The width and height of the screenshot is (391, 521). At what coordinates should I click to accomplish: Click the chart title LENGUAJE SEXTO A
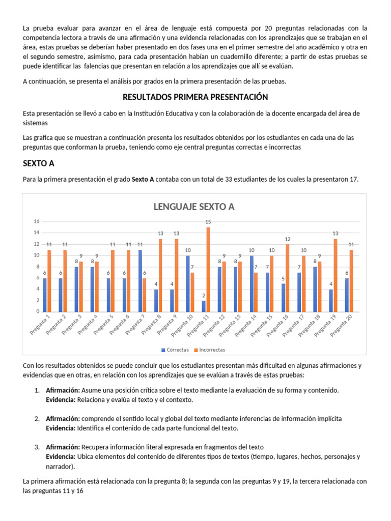(194, 207)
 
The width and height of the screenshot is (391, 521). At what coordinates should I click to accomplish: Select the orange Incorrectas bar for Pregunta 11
(208, 270)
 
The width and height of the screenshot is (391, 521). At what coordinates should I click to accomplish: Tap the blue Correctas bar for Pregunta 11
(203, 306)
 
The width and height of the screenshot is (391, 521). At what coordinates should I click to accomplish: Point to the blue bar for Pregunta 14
(251, 283)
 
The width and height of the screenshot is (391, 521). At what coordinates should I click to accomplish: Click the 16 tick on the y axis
(36, 221)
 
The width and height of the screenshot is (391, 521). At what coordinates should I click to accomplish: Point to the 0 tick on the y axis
(38, 312)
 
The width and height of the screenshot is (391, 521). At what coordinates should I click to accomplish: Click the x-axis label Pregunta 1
(40, 326)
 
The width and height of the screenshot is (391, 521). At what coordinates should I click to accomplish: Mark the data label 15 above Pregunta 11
(208, 222)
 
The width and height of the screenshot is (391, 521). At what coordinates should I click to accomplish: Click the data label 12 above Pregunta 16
(287, 239)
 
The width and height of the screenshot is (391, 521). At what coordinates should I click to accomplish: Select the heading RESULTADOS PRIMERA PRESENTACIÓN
(195, 97)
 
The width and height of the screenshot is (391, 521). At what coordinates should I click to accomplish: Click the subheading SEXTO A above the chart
(39, 164)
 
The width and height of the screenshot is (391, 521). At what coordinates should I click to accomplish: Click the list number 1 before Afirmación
(37, 390)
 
